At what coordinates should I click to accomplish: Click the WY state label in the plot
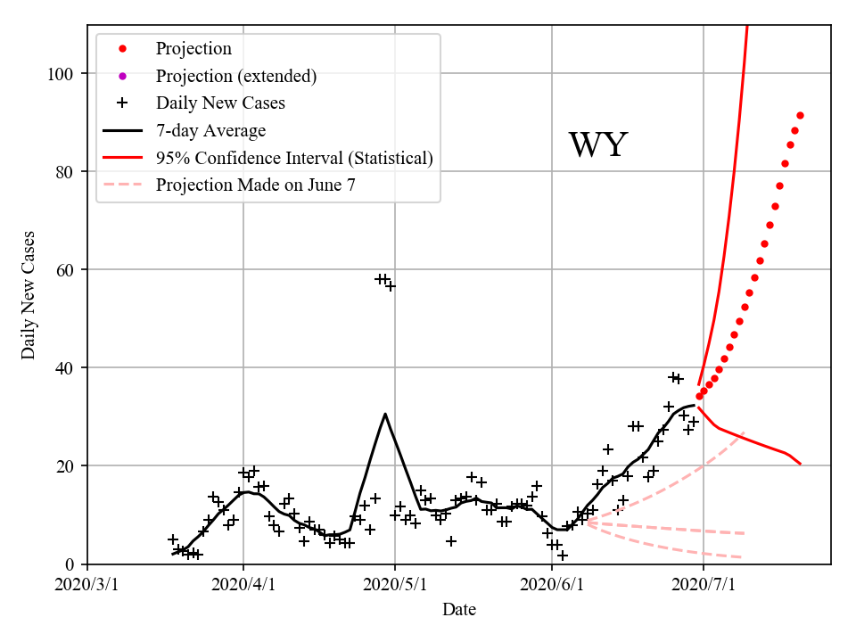coord(598,145)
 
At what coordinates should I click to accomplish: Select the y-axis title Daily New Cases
coord(29,295)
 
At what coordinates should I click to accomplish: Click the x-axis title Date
coord(459,610)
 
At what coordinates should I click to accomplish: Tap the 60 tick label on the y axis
coord(65,269)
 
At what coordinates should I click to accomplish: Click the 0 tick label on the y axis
coord(70,564)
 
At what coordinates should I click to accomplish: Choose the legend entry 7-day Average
coord(210,131)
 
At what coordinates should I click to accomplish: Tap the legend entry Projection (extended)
coord(235,76)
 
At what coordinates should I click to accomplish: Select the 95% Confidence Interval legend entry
coord(294,158)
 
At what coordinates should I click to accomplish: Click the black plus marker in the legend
coord(123,103)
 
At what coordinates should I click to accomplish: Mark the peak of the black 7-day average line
coord(385,414)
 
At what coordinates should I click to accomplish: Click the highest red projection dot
coord(800,115)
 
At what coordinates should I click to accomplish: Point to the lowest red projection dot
coord(699,396)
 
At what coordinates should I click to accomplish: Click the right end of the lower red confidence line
coord(800,464)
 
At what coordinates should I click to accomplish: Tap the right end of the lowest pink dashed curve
coord(744,557)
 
